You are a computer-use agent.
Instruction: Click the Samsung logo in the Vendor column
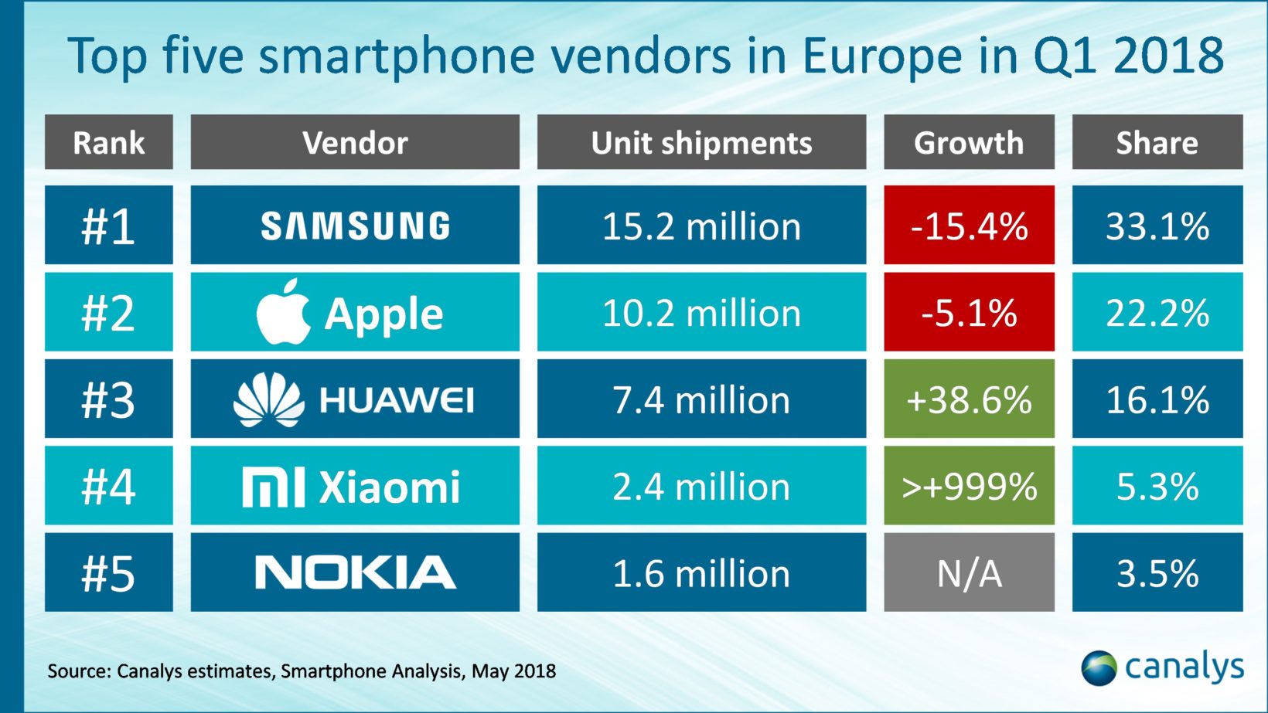tap(355, 226)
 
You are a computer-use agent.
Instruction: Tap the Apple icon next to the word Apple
tap(283, 312)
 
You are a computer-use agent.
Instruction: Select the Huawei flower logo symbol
tap(268, 399)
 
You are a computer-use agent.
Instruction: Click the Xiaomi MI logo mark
tap(273, 487)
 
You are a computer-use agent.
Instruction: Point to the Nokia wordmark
tap(355, 572)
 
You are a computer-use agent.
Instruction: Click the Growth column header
tap(969, 142)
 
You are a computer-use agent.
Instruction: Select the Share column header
tap(1157, 142)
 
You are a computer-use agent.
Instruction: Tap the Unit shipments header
tap(701, 142)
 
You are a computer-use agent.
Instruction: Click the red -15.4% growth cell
tap(969, 226)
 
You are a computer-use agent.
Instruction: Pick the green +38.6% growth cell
tap(969, 399)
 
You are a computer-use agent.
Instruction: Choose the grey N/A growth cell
tap(969, 572)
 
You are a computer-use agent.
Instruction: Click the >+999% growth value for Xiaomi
tap(969, 487)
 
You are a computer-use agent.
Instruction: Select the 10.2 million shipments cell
tap(701, 312)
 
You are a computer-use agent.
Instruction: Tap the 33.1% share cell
tap(1157, 226)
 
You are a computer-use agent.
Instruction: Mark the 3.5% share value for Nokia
tap(1157, 572)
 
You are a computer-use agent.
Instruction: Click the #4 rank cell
tap(108, 487)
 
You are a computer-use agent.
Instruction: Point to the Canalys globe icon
tap(1099, 667)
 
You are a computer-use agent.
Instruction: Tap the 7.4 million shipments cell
tap(701, 399)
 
